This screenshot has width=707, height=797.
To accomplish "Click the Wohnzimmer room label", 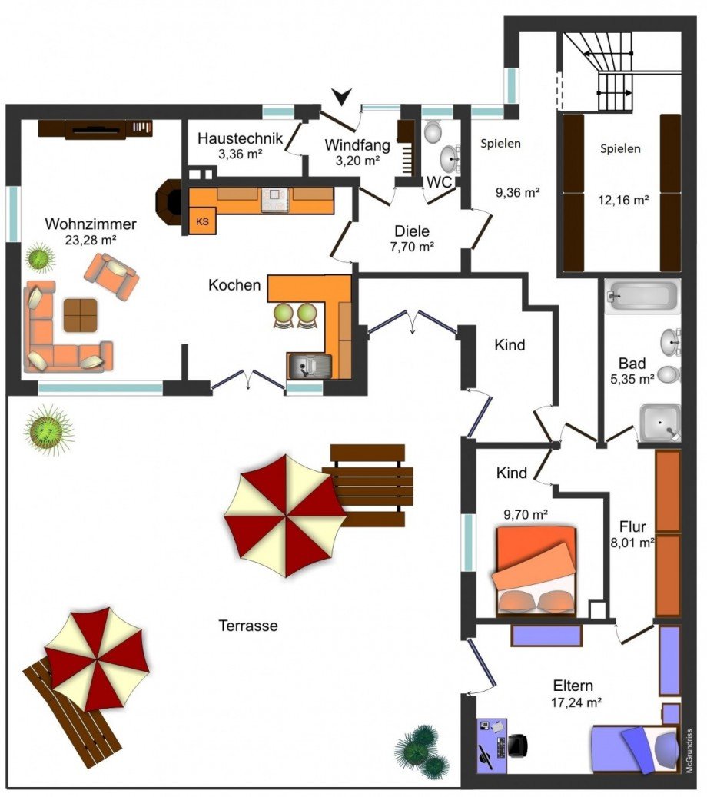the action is pyautogui.click(x=91, y=224).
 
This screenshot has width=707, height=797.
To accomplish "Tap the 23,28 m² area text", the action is pyautogui.click(x=91, y=240).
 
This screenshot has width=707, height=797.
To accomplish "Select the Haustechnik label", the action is pyautogui.click(x=240, y=138).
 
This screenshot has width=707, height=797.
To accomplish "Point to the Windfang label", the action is pyautogui.click(x=357, y=144).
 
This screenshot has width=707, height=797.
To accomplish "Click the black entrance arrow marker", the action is pyautogui.click(x=342, y=95).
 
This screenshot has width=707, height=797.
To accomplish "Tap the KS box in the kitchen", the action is pyautogui.click(x=202, y=221).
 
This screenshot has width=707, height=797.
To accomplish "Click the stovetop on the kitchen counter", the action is pyautogui.click(x=275, y=199).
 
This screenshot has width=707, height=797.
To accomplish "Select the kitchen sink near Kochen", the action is pyautogui.click(x=310, y=366).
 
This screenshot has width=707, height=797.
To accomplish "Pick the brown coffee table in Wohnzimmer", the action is pyautogui.click(x=81, y=315).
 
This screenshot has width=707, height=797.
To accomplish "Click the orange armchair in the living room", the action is pyautogui.click(x=111, y=276).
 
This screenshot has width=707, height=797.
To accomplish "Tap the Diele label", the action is pyautogui.click(x=412, y=231).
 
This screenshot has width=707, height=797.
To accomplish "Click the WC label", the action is pyautogui.click(x=440, y=182).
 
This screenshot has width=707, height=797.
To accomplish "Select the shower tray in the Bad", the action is pyautogui.click(x=659, y=423).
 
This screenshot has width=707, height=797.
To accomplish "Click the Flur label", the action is pyautogui.click(x=632, y=526).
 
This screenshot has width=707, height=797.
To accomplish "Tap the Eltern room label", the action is pyautogui.click(x=573, y=686).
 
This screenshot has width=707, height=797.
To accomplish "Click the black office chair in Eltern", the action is pyautogui.click(x=518, y=746).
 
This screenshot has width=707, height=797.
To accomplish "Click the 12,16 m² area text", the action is pyautogui.click(x=623, y=200).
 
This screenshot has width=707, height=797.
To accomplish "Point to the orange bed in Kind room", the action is pyautogui.click(x=536, y=571).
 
